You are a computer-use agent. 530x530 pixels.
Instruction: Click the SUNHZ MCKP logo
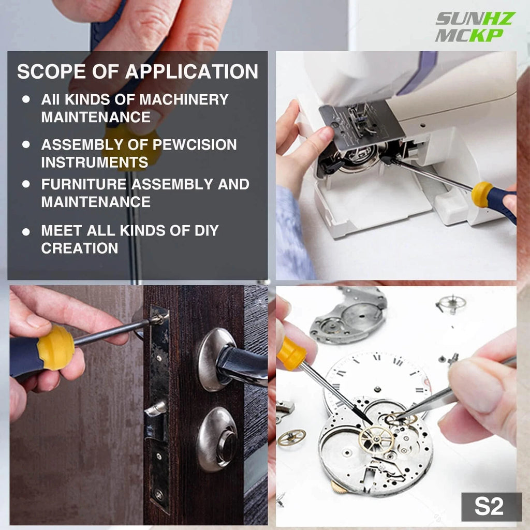[x=475, y=26]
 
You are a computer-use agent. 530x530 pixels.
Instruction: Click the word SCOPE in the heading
[x=49, y=71]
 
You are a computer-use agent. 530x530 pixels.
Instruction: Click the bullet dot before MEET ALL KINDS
[x=26, y=231]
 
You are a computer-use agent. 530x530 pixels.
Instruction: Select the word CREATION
[x=80, y=248]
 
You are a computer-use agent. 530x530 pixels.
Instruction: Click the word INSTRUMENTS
[x=94, y=162]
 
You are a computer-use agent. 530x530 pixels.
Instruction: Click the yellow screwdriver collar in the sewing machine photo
[x=481, y=194]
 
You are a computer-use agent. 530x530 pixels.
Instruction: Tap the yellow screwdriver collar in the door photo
[x=56, y=347]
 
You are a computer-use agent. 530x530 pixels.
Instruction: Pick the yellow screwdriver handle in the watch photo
[x=291, y=354]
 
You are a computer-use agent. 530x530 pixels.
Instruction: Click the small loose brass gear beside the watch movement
[x=291, y=437]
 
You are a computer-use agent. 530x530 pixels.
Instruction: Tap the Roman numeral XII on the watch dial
[x=376, y=357]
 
